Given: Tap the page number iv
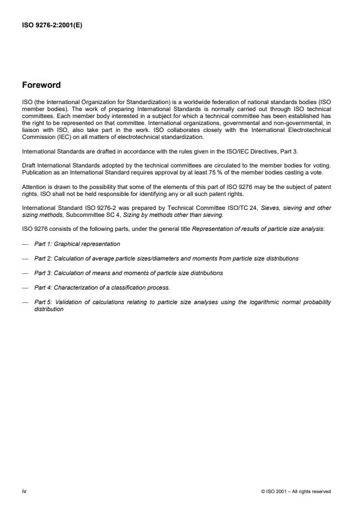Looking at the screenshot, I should click(24, 491).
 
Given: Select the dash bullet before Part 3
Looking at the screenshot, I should click(25, 273).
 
